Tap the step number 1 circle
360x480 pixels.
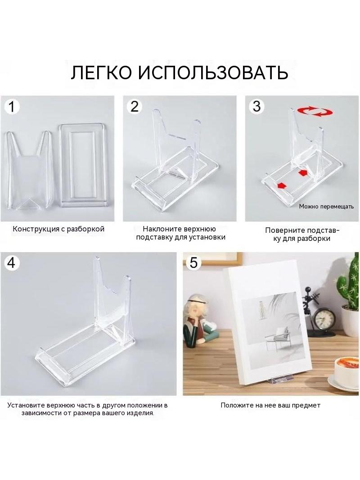(12, 107)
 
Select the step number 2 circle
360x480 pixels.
(134, 107)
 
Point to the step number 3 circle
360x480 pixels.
(256, 106)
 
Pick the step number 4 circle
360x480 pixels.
(11, 263)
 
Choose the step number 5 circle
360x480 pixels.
(193, 263)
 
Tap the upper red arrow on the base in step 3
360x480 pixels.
(302, 173)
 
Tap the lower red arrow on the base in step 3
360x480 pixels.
(280, 186)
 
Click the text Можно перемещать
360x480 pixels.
(326, 207)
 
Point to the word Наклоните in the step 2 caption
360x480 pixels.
(162, 229)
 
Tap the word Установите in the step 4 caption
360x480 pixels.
(26, 405)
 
